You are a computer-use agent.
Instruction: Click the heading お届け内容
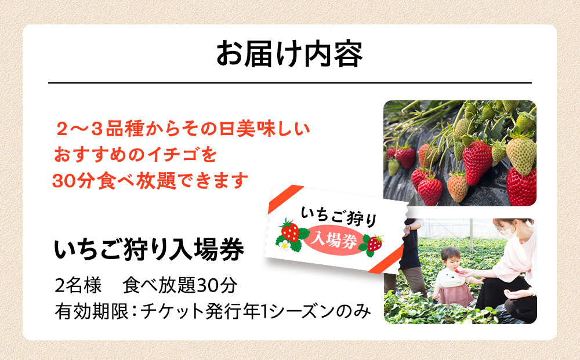pos(289,54)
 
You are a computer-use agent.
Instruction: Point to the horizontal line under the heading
pos(289,83)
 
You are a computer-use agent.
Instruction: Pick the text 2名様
pos(78,286)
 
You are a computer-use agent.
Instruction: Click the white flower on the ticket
pos(284,245)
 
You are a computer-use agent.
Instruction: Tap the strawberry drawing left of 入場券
pos(290,232)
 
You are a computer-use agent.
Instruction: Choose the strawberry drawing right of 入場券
pos(375,243)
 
